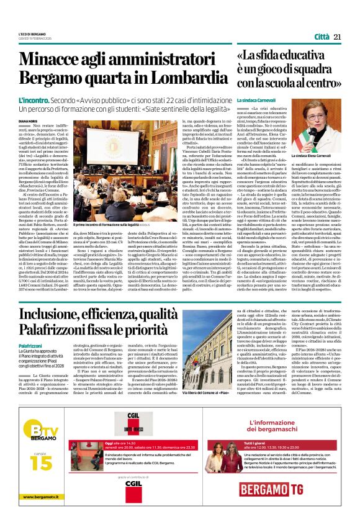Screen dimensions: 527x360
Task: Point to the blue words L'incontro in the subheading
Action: (x=34, y=100)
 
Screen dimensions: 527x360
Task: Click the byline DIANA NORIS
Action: (x=29, y=122)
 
